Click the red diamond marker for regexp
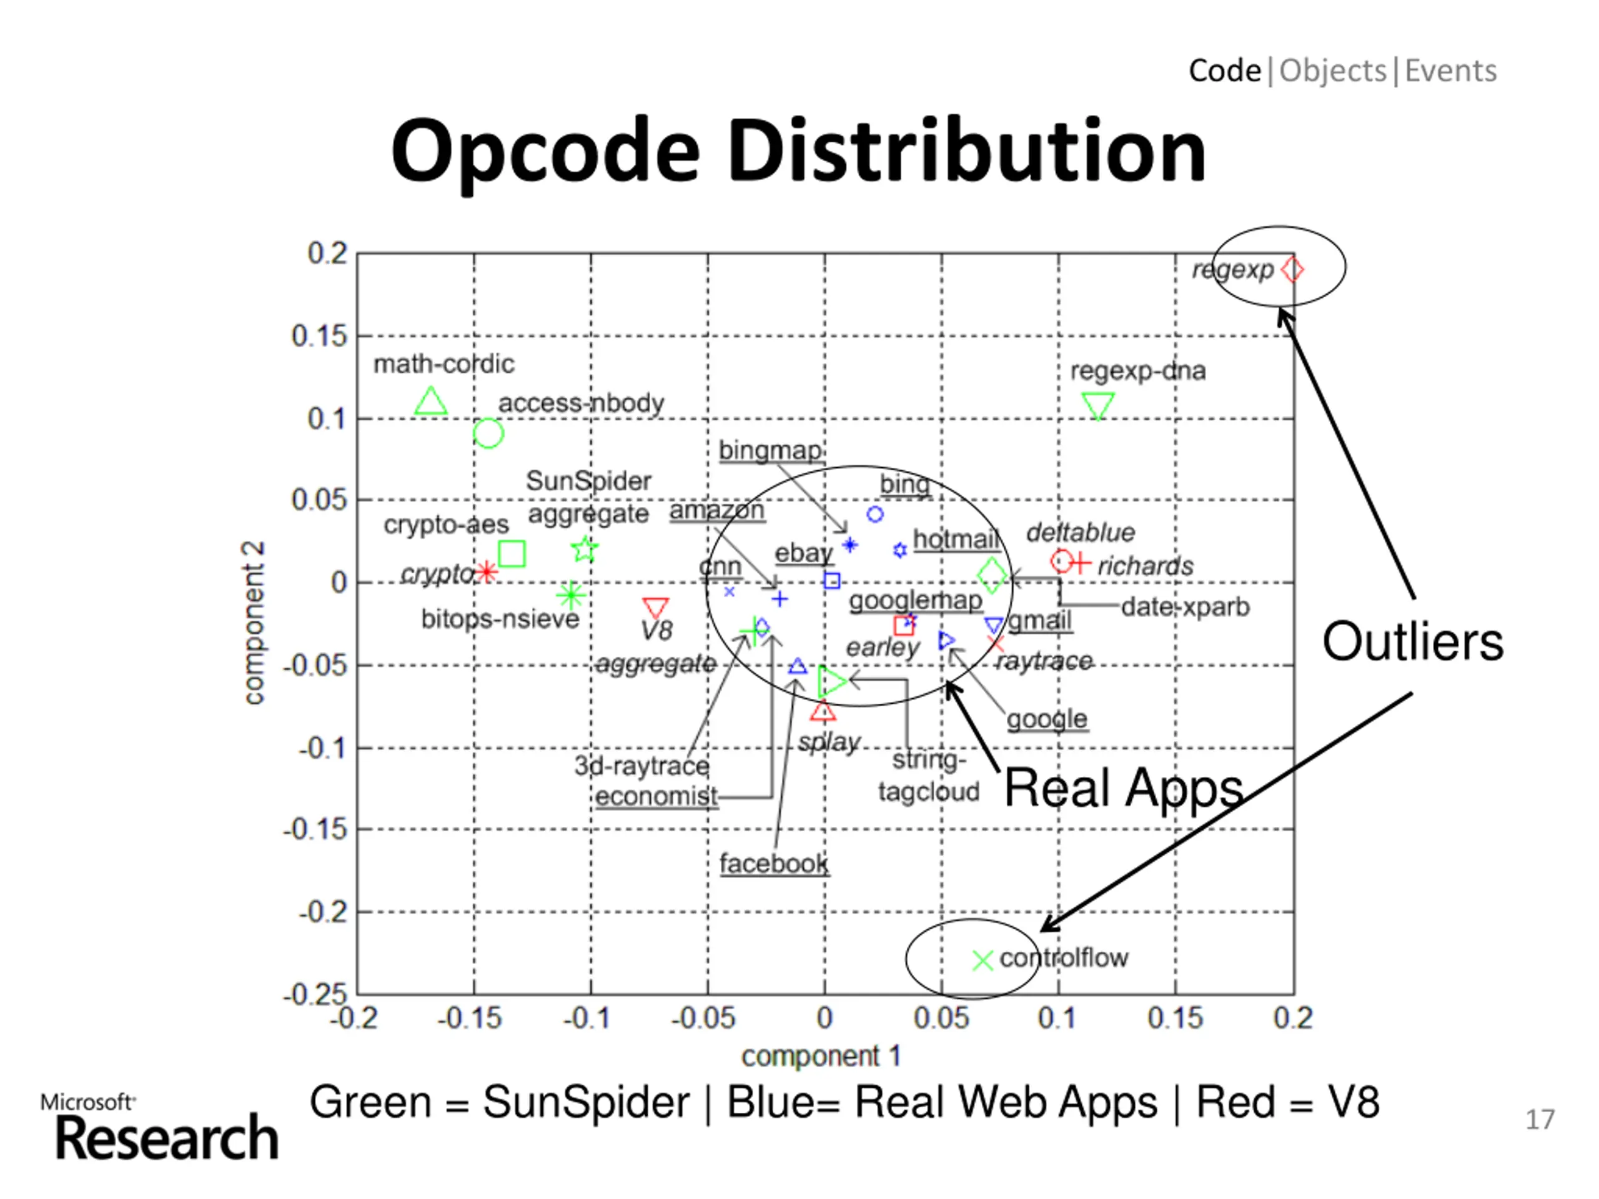click(x=1291, y=270)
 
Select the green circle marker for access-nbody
click(x=488, y=433)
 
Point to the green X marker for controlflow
click(x=983, y=960)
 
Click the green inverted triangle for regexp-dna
click(x=1098, y=405)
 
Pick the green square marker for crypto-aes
click(x=512, y=554)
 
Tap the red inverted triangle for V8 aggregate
click(x=656, y=607)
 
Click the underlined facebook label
click(x=773, y=864)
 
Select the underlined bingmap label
click(x=770, y=450)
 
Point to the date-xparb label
click(x=1185, y=607)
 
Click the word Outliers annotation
click(x=1412, y=642)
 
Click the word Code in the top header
click(x=1224, y=71)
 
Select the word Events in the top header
click(x=1450, y=71)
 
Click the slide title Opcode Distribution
click(x=798, y=151)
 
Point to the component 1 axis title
click(x=821, y=1056)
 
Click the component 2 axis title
click(x=254, y=623)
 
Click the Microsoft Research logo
click(x=161, y=1127)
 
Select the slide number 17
click(x=1540, y=1120)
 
